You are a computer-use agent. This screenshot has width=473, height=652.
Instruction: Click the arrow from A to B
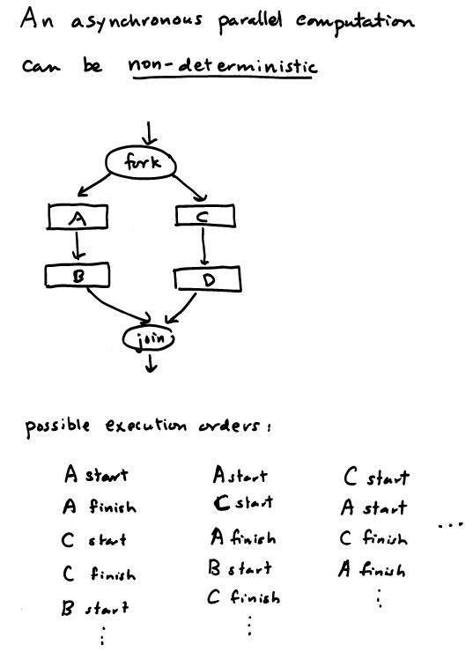point(78,245)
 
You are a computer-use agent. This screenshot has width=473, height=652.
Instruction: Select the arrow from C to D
point(203,246)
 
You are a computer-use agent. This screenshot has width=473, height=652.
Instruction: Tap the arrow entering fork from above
point(149,133)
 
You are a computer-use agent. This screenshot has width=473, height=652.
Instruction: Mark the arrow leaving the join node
point(152,361)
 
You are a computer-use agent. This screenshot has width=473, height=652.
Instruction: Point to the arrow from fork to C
point(189,186)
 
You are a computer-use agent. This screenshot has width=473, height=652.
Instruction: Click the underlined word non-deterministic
point(223,67)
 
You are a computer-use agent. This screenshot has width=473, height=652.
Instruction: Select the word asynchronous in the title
point(137,22)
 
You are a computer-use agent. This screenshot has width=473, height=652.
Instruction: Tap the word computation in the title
point(355,22)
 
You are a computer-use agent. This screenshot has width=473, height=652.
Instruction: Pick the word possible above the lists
point(57,426)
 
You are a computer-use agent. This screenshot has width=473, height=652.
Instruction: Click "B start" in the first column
point(95,608)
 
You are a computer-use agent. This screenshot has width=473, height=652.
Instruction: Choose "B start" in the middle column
point(240,567)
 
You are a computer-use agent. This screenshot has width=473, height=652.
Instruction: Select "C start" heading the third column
point(377,477)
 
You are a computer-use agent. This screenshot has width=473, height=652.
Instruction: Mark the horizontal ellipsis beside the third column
point(450,525)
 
